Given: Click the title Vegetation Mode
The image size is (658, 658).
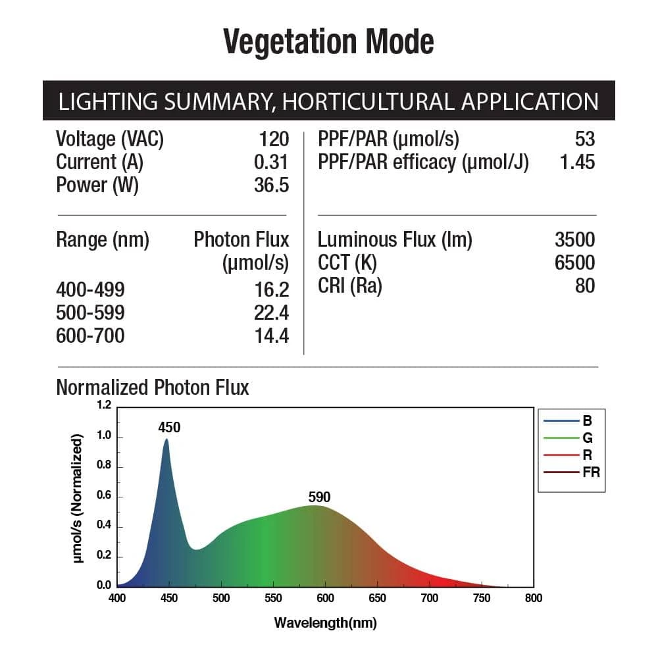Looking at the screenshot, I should [x=328, y=42].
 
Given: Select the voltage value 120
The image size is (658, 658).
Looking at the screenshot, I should [x=274, y=139].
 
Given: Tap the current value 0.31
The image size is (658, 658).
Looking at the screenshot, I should [x=272, y=162].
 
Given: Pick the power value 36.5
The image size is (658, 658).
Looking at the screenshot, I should [x=271, y=185].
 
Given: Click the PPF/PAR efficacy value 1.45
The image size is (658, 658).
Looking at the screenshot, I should [x=576, y=162].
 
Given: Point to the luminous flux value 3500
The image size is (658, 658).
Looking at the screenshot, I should [x=574, y=240].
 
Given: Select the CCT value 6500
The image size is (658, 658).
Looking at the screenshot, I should [x=574, y=263].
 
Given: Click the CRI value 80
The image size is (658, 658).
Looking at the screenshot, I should [x=584, y=286].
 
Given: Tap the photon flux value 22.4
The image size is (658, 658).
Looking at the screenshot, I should [x=271, y=313].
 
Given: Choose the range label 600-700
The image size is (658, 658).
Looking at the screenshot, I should [x=90, y=336].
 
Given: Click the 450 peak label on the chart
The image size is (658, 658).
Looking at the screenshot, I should [x=169, y=428].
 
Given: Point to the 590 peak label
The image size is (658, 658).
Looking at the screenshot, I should [x=319, y=497].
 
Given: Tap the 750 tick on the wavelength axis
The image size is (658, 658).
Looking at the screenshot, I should [x=482, y=598].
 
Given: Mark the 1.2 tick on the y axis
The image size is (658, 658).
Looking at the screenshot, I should [x=104, y=405].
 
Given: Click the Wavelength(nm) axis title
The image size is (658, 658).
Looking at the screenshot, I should [x=325, y=622].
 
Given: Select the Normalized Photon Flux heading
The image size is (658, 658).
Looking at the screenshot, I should [x=153, y=387].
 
